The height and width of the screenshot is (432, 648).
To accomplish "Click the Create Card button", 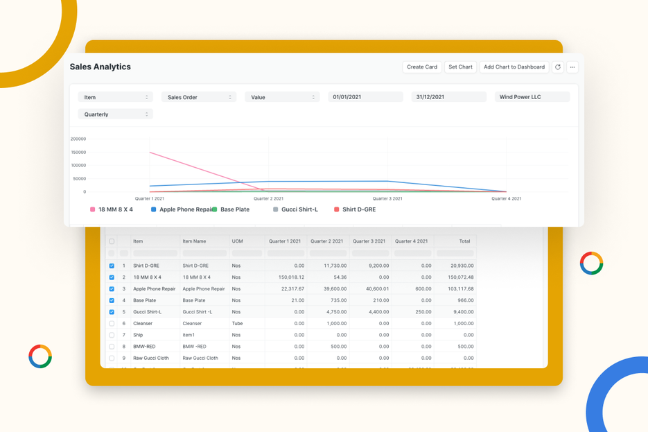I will pos(421,67).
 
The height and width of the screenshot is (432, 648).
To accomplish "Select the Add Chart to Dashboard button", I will pos(514,67).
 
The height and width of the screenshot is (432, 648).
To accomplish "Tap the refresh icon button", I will pos(558,67).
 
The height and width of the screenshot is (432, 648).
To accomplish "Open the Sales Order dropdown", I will pos(199,97).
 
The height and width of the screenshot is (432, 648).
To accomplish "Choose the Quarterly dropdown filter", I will pos(115,114).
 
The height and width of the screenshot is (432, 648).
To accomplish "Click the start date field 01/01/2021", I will pos(365,97).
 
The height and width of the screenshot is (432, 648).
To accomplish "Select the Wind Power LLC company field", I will pos(532,97).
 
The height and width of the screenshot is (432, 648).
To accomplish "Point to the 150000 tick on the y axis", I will pos(78,153).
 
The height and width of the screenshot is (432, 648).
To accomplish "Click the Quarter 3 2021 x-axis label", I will pos(387,199).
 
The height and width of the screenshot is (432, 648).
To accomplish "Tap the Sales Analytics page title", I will pos(100,67).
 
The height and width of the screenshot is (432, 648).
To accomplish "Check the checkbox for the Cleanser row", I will pos(112,324).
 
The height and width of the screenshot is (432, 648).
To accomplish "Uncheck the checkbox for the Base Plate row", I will pos(112,300).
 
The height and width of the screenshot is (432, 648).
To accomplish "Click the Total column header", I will pos(464,241).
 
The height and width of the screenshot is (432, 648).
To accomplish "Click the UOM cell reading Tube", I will pos(238,324).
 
